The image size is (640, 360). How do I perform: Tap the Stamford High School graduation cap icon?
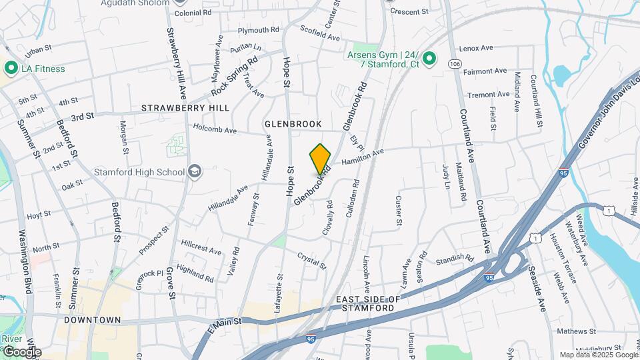(195, 172)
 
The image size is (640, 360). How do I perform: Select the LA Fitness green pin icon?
(11, 68)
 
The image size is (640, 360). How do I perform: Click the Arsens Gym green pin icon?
(430, 60)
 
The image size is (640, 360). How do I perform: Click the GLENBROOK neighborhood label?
(293, 124)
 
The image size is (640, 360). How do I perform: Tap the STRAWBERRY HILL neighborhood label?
(185, 108)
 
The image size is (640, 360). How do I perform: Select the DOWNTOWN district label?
(93, 321)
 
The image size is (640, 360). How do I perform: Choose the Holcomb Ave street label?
(215, 127)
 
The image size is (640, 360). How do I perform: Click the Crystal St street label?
(312, 261)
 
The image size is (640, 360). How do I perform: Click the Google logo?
(21, 351)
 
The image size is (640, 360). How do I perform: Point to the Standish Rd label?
(455, 259)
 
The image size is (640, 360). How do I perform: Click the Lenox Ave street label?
(476, 49)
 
